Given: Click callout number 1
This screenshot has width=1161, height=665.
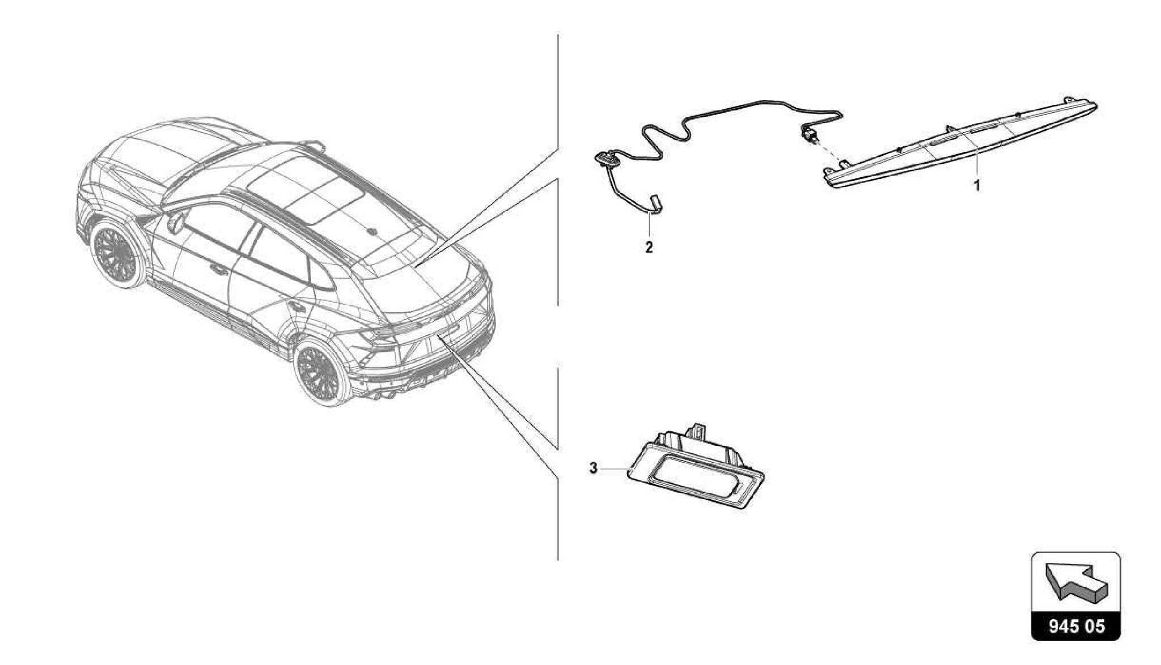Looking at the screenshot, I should tap(977, 185).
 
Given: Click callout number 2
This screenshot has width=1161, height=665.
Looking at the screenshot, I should tap(649, 247).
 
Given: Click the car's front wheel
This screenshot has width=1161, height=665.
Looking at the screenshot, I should tap(117, 255).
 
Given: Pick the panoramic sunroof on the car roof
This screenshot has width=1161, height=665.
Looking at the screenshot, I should tap(306, 187).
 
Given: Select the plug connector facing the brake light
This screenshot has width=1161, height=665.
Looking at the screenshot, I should tap(807, 136).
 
